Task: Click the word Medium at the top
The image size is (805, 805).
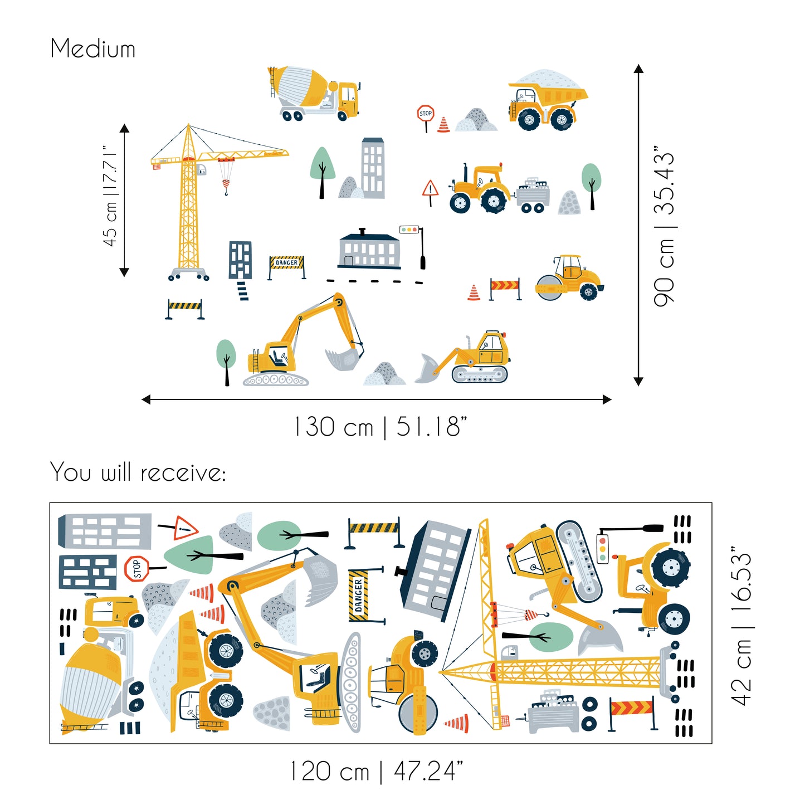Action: click(92, 48)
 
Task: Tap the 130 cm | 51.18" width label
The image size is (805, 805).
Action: click(380, 427)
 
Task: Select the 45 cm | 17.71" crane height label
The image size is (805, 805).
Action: click(110, 196)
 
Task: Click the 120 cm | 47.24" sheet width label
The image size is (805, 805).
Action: click(377, 771)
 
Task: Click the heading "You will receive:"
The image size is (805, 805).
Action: click(138, 472)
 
